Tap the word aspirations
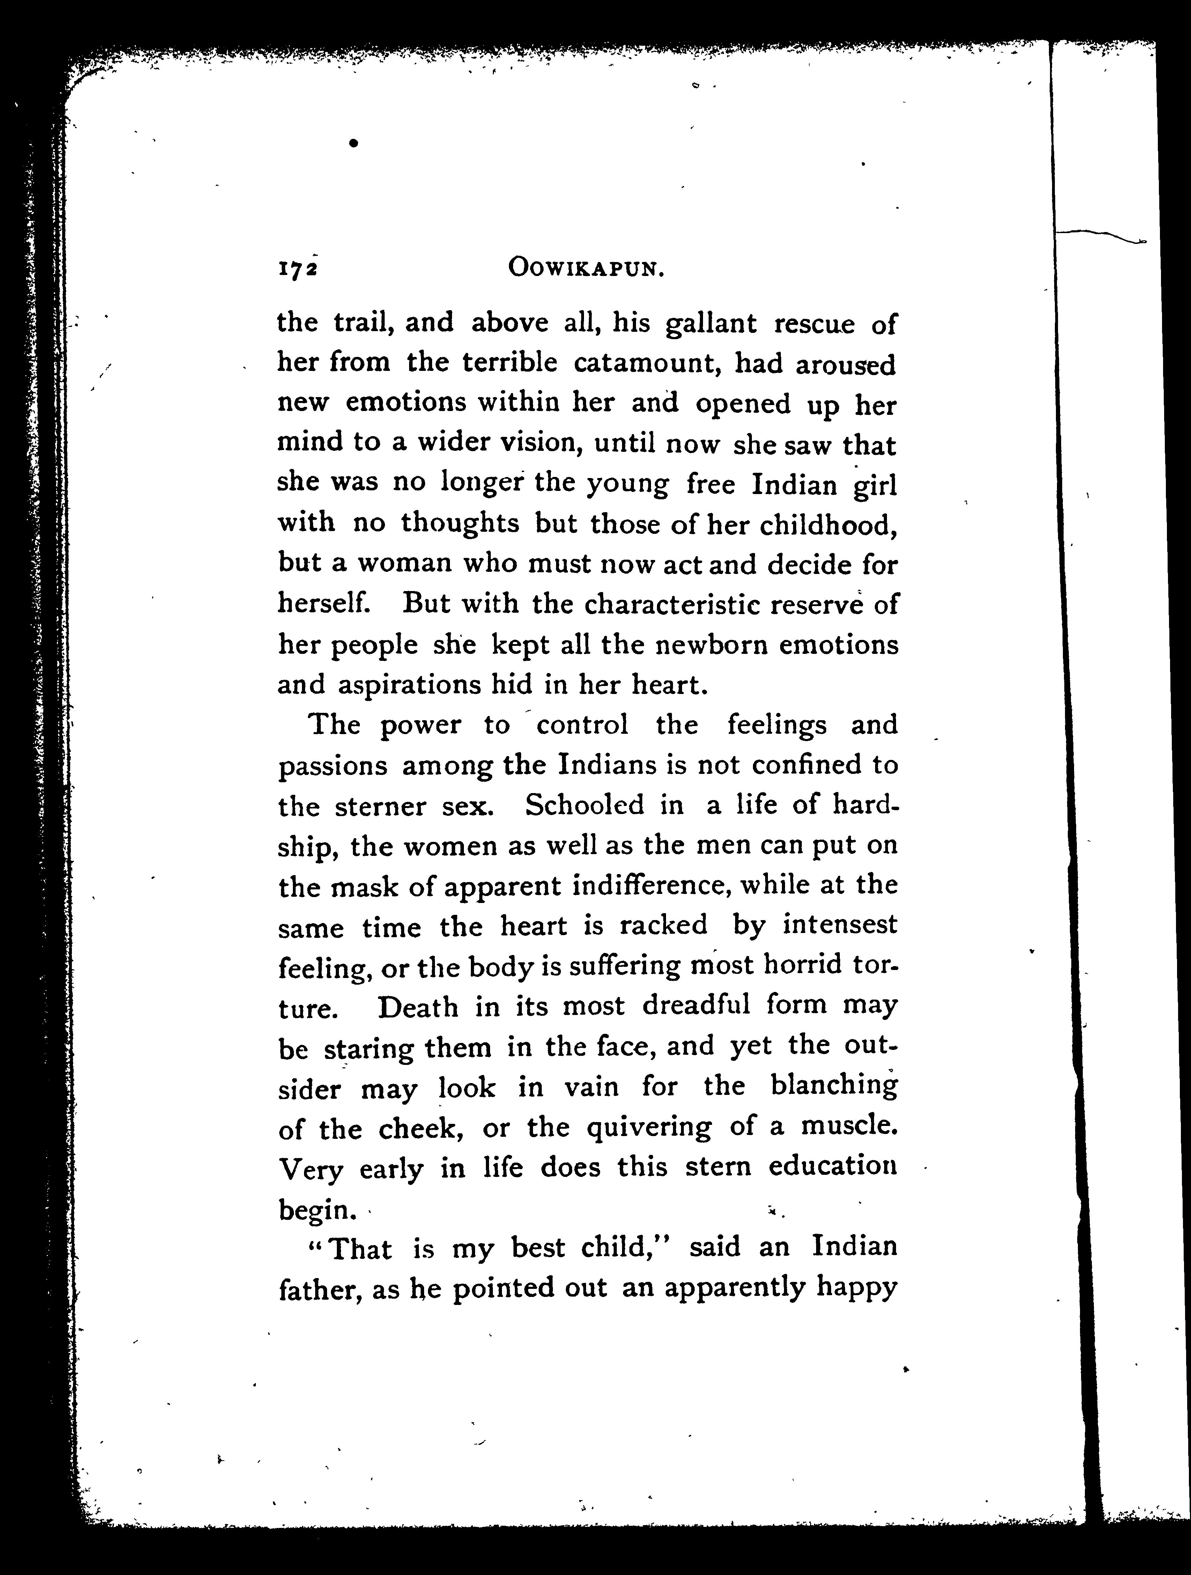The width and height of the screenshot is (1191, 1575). pos(409,685)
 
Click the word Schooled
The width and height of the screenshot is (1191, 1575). pos(584,805)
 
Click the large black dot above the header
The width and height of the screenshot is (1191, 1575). pos(353,143)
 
